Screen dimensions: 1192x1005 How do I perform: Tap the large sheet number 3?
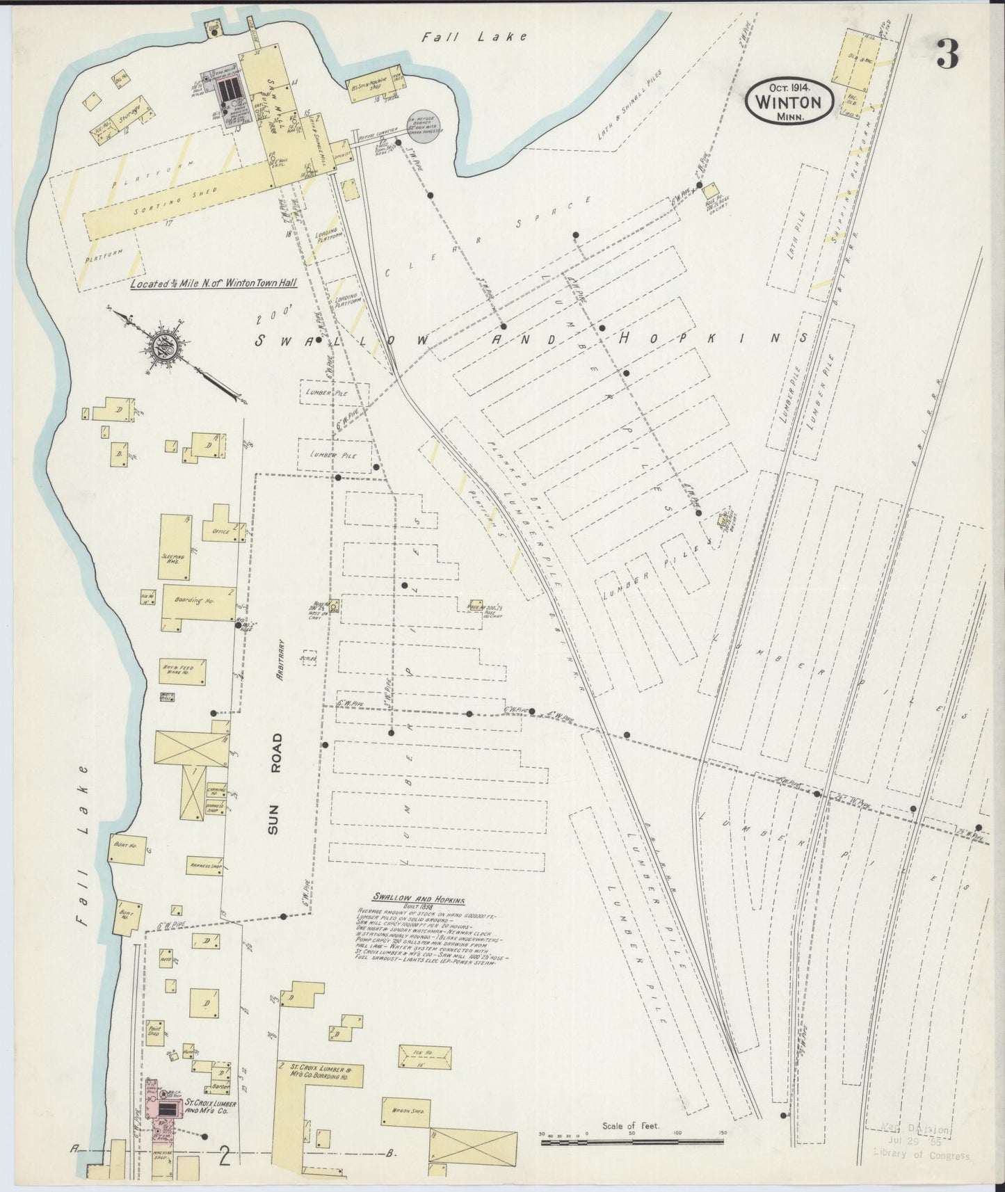pyautogui.click(x=947, y=54)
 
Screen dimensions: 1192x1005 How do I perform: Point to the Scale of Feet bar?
pyautogui.click(x=632, y=1134)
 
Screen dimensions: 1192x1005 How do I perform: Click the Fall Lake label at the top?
pyautogui.click(x=475, y=37)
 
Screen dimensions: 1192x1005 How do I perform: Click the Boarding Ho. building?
pyautogui.click(x=199, y=602)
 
